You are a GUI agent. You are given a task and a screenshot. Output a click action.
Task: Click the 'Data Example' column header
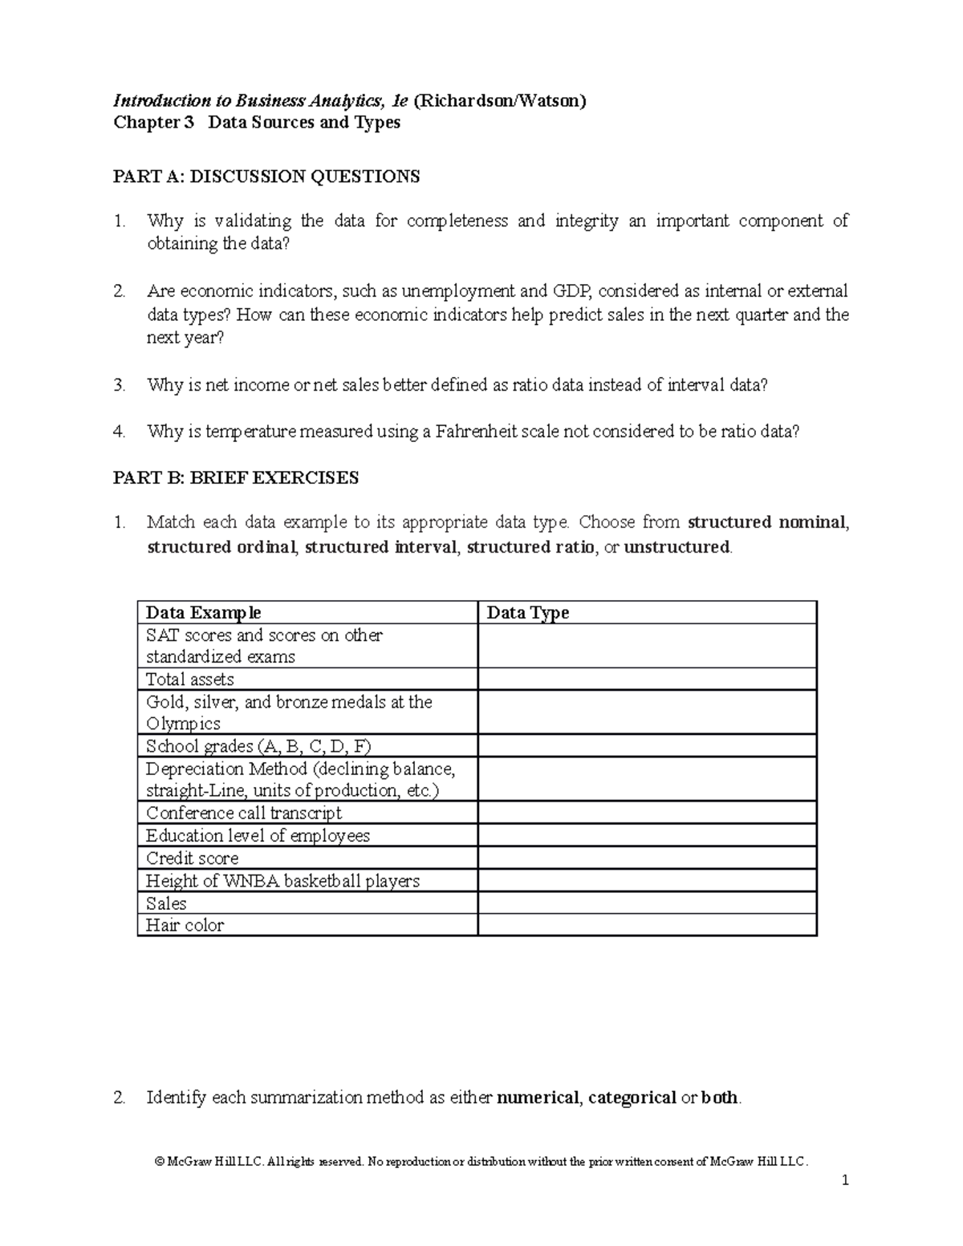203,613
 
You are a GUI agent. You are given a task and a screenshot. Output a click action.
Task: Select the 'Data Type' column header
528,613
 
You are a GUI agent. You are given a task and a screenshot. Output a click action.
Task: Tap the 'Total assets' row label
190,680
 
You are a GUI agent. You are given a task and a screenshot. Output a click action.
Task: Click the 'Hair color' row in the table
185,925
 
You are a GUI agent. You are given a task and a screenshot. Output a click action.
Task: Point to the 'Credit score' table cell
193,858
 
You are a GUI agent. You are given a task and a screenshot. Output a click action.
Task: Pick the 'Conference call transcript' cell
244,813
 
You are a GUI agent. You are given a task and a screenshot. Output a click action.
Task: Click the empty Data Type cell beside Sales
647,903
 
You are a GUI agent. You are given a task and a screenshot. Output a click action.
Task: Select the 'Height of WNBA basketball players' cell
282,880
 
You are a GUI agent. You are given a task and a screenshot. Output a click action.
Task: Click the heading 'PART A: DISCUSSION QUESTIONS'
266,177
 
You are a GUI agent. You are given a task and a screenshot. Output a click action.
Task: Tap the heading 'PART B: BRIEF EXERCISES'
236,478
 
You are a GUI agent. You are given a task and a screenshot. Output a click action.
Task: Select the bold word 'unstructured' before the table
677,547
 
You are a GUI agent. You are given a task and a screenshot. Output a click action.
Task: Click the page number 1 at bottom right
845,1180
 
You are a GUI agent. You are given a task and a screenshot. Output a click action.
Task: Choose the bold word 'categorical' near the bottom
632,1098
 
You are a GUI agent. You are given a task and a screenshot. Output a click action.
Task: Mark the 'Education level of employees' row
258,835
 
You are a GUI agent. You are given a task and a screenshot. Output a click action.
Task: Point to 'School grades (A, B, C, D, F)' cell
258,746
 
